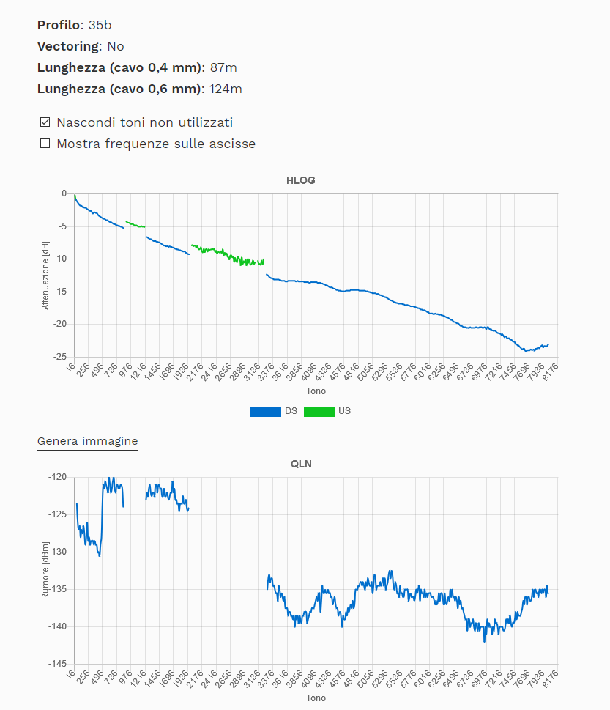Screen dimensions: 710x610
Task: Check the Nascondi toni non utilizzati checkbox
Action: (x=45, y=122)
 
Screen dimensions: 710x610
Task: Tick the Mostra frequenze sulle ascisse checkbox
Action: (x=45, y=144)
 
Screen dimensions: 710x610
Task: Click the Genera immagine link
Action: (x=87, y=441)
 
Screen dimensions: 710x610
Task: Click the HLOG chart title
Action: (x=301, y=180)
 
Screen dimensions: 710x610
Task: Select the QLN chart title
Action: (x=301, y=464)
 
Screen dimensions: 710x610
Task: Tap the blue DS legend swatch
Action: (x=265, y=411)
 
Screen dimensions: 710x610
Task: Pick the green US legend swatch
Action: (x=319, y=411)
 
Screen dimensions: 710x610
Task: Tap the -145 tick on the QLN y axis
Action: (x=56, y=664)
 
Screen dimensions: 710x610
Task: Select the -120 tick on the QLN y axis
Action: (x=56, y=477)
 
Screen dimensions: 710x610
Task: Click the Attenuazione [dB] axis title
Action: (x=45, y=275)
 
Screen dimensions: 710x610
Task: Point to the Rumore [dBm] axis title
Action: (x=45, y=571)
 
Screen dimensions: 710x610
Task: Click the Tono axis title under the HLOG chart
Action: (x=316, y=391)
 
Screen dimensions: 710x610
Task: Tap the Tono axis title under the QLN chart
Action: (x=316, y=698)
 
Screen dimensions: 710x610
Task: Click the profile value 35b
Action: (x=100, y=25)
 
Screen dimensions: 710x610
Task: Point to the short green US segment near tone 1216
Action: (x=135, y=224)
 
